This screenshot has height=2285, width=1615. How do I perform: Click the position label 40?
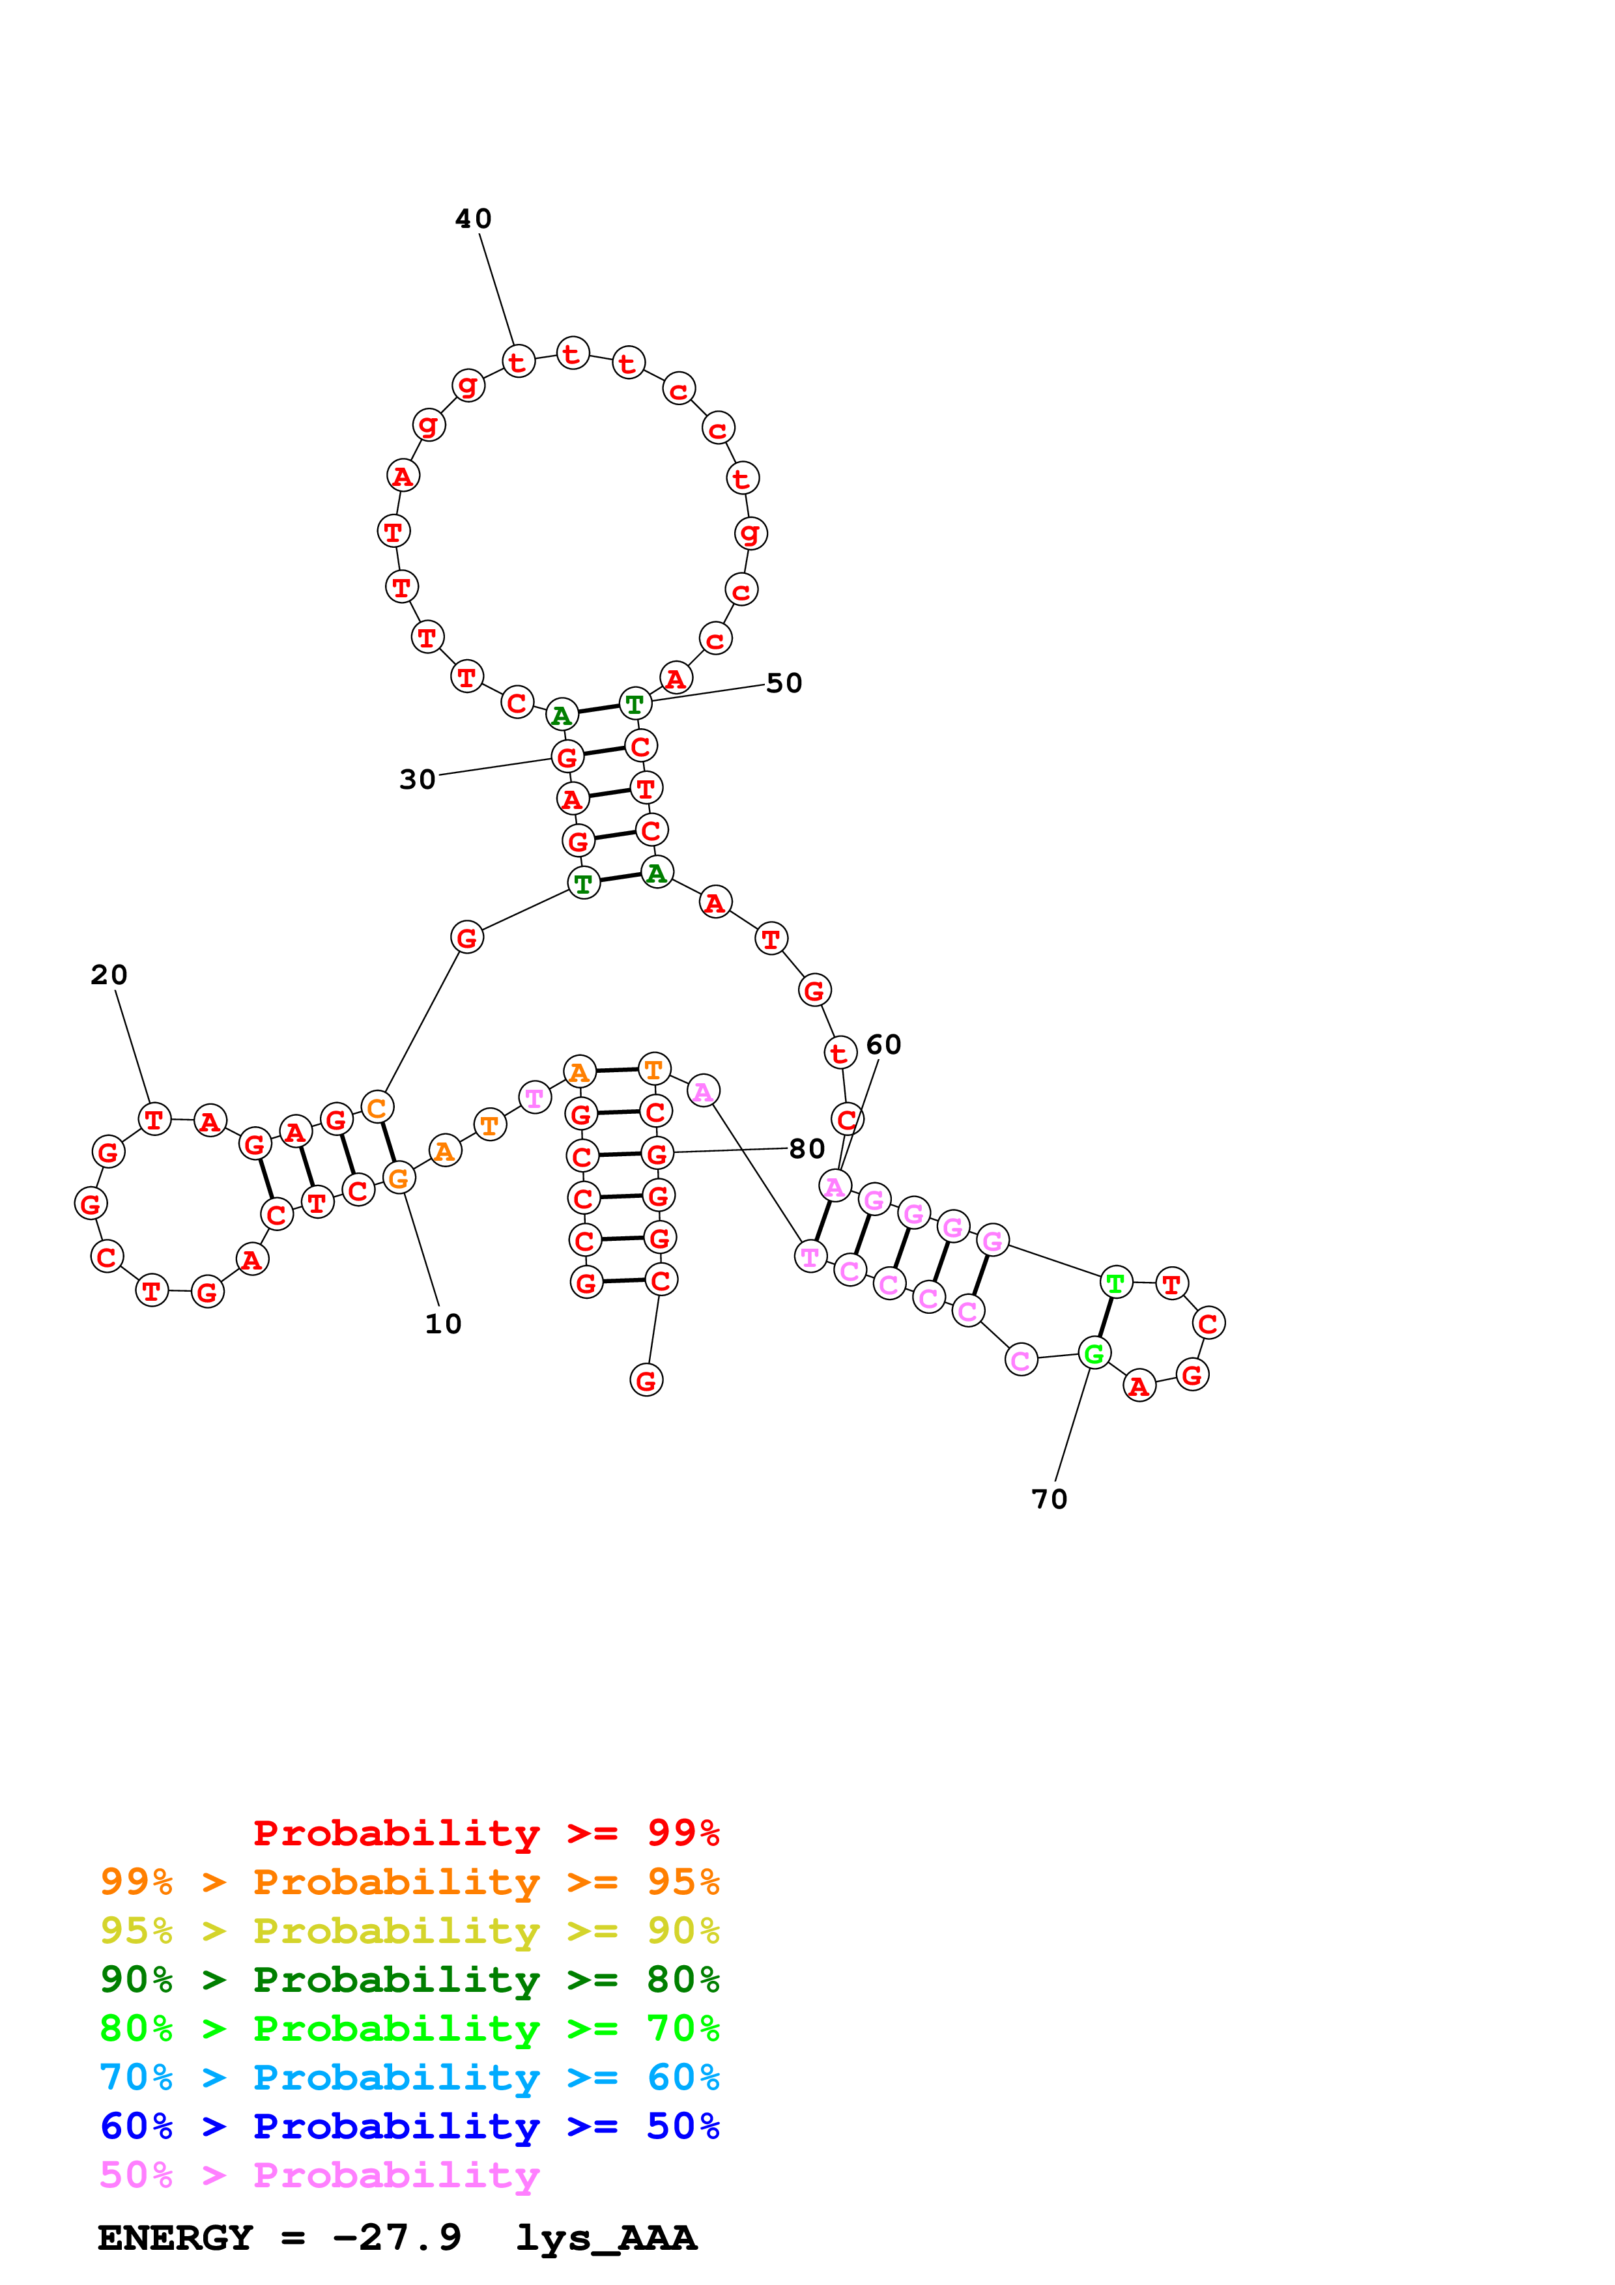click(x=473, y=219)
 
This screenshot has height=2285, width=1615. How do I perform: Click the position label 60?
click(x=883, y=1045)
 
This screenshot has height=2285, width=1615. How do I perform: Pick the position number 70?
click(x=1049, y=1499)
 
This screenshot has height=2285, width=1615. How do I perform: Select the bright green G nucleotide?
click(x=1094, y=1354)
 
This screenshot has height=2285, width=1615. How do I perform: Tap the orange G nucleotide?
click(x=398, y=1178)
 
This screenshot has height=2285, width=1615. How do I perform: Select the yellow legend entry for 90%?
click(x=409, y=1931)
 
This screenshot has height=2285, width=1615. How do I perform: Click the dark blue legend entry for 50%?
click(x=409, y=2126)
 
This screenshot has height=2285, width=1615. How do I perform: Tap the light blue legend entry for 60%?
click(x=409, y=2077)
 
